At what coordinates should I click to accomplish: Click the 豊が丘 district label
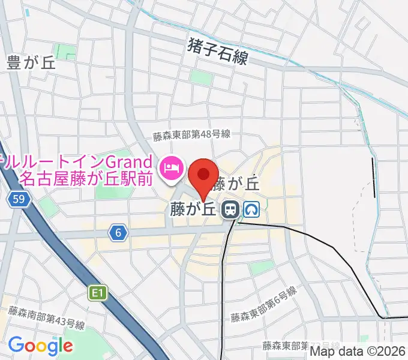[x=32, y=63]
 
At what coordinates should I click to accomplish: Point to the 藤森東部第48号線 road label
[x=191, y=136]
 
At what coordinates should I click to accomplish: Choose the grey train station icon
[x=229, y=209]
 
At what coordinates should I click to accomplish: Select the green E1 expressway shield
[x=98, y=293]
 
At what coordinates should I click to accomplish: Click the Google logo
[x=41, y=346]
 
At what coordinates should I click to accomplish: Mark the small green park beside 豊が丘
[x=65, y=52]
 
